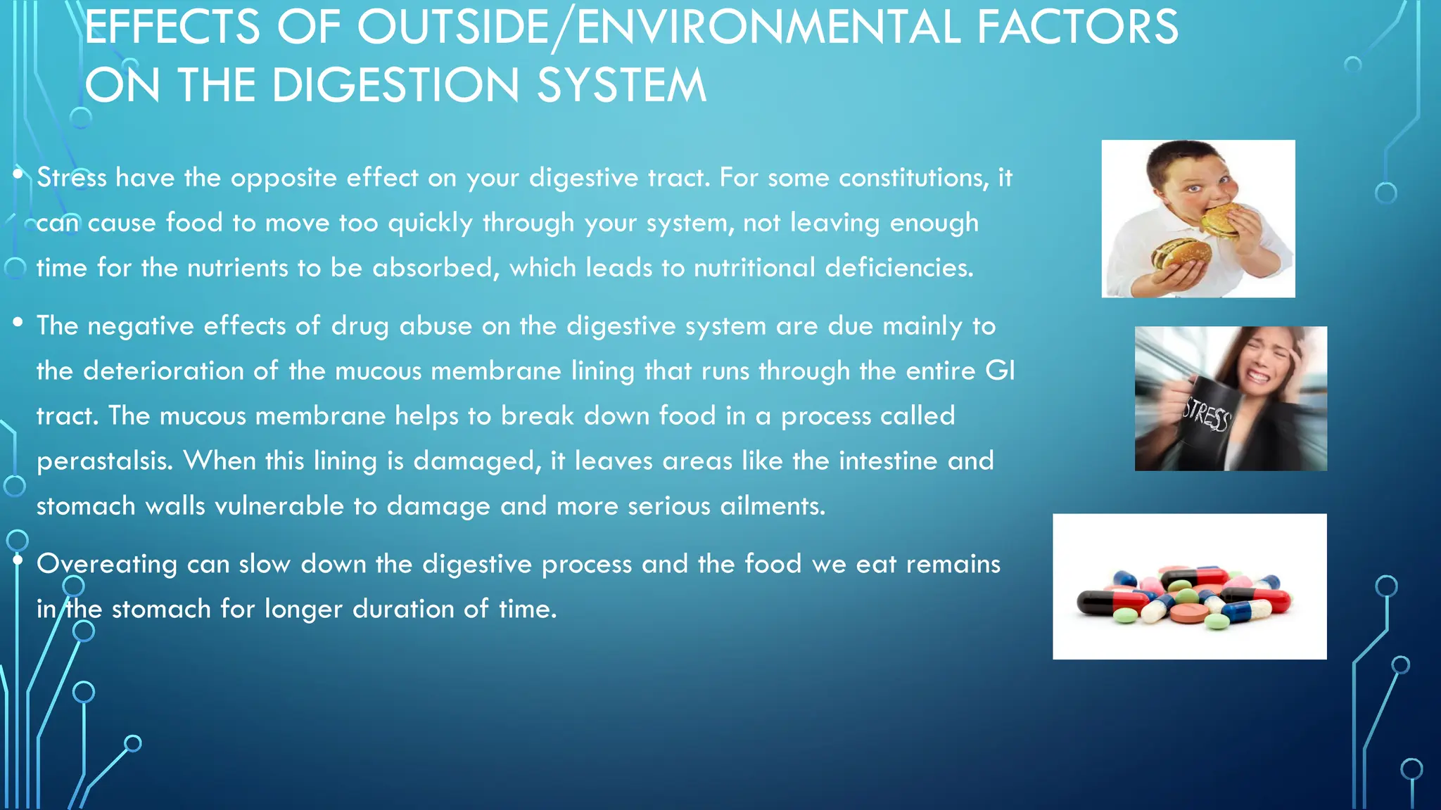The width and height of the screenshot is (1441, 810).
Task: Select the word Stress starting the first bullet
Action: [x=71, y=177]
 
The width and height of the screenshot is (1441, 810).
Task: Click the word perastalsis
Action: [x=104, y=461]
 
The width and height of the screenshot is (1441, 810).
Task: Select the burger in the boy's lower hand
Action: [x=1182, y=253]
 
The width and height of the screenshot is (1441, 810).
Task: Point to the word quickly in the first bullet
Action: [x=430, y=223]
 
